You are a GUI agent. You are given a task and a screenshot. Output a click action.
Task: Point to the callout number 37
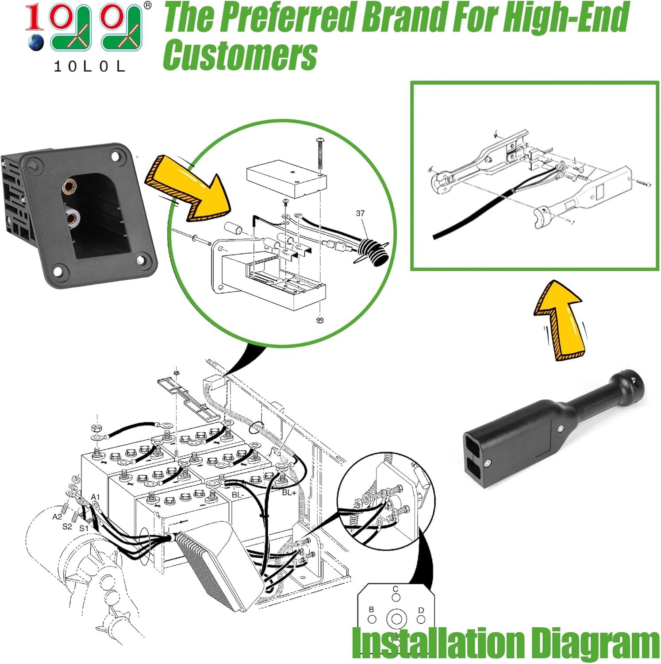pyautogui.click(x=360, y=213)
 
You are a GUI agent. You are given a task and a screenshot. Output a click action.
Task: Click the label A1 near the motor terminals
pyautogui.click(x=96, y=497)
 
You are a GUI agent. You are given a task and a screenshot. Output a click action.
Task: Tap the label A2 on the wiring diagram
pyautogui.click(x=57, y=517)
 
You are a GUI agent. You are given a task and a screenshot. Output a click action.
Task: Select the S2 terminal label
pyautogui.click(x=67, y=526)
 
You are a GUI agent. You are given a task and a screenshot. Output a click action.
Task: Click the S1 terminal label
pyautogui.click(x=84, y=528)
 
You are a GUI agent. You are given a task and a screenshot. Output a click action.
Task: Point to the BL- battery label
pyautogui.click(x=238, y=494)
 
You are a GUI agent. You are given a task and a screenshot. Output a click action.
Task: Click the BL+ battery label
pyautogui.click(x=289, y=492)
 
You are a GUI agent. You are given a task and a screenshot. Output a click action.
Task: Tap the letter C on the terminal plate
pyautogui.click(x=396, y=589)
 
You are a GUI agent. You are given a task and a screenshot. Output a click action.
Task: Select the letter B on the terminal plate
pyautogui.click(x=371, y=610)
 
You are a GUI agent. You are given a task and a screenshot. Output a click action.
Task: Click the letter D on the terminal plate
pyautogui.click(x=421, y=610)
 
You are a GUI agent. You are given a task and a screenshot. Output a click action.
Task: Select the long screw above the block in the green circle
pyautogui.click(x=320, y=153)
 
